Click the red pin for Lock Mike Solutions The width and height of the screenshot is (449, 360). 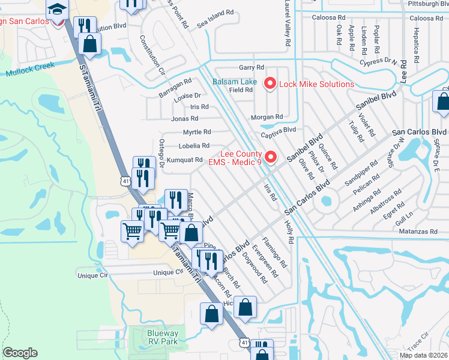[270, 84]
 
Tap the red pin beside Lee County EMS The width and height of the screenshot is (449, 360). [270, 158]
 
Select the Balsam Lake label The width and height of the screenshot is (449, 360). [235, 82]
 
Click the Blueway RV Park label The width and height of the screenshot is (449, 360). [162, 337]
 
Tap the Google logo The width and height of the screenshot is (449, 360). [20, 353]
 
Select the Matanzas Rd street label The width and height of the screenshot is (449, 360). [417, 231]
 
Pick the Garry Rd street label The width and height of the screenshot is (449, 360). [252, 68]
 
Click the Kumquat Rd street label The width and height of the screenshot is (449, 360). [184, 160]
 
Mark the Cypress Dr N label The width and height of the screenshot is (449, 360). [378, 61]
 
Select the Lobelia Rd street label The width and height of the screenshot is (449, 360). [194, 146]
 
